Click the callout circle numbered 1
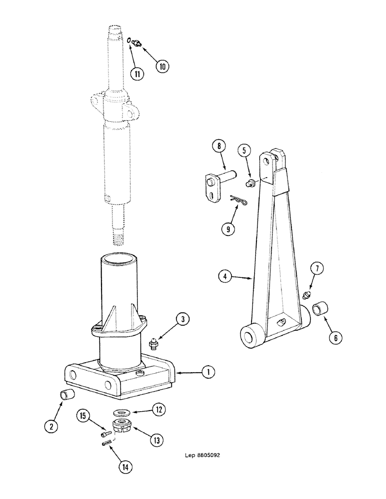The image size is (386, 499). click(x=209, y=371)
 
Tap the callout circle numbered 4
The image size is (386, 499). click(x=226, y=275)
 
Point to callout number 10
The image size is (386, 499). click(x=162, y=66)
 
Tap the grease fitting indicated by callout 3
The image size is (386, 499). click(x=153, y=343)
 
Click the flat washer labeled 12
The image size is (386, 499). click(x=121, y=413)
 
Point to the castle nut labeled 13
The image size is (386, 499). click(x=121, y=426)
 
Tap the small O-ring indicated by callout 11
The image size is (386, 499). click(x=130, y=41)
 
